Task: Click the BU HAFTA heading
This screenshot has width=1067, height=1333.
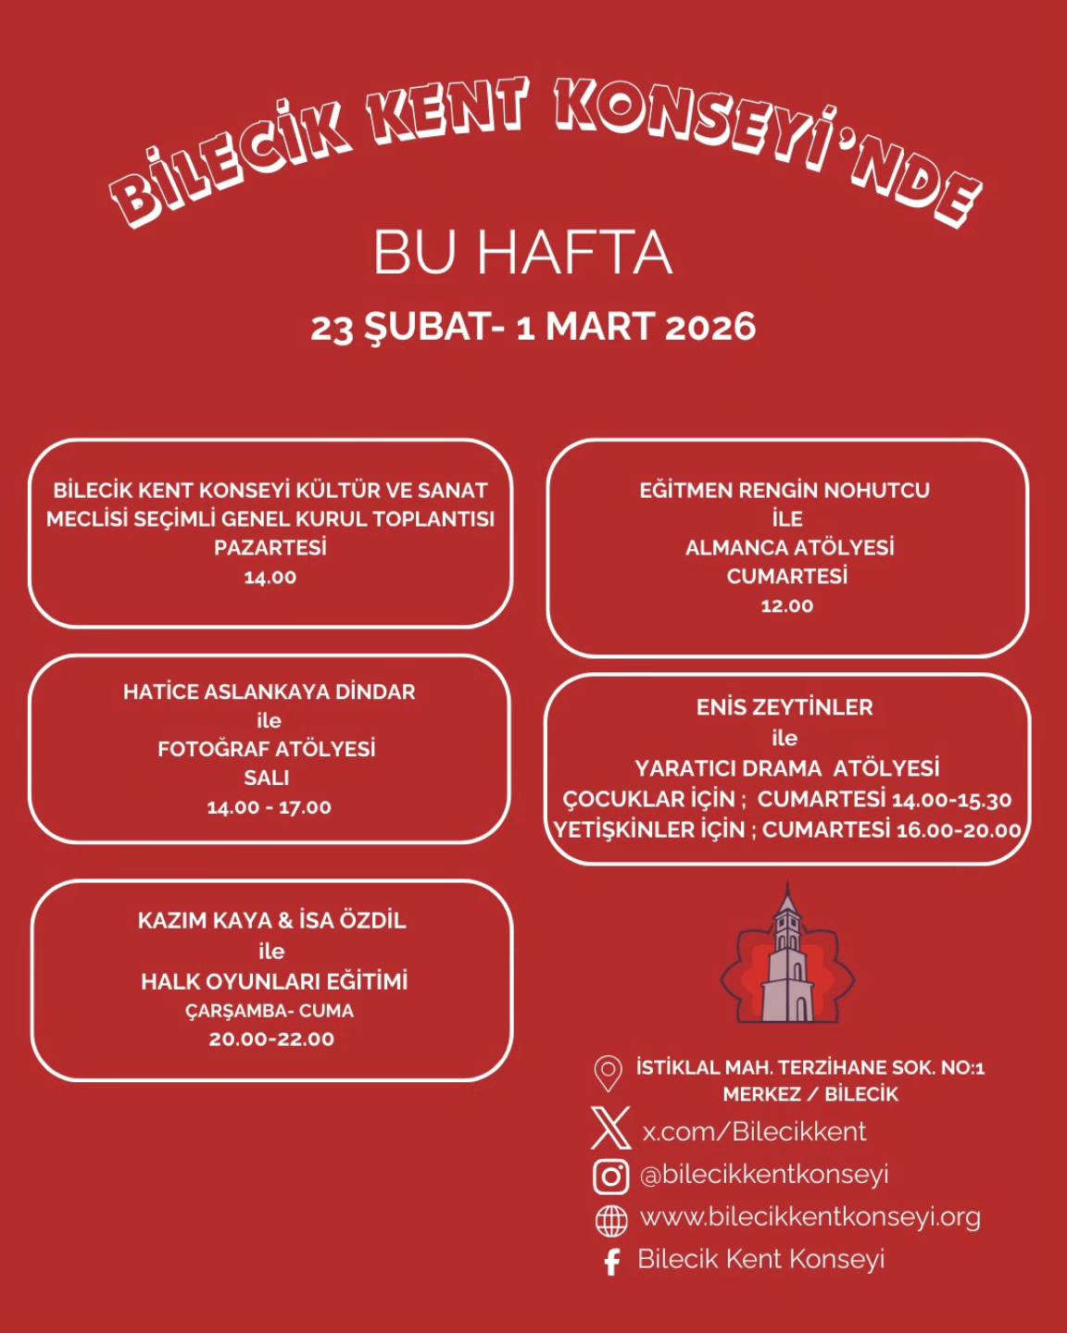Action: (522, 252)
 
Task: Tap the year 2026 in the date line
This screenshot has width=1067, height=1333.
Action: (710, 327)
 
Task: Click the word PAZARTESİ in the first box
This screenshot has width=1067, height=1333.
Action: (270, 547)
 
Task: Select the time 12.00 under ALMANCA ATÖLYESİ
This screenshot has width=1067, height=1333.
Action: (786, 605)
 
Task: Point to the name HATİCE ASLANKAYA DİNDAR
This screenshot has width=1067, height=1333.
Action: (269, 691)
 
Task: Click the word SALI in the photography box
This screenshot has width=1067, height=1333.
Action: (267, 778)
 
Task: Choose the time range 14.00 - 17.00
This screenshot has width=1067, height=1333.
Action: (269, 807)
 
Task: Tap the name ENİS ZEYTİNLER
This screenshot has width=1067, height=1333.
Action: (785, 707)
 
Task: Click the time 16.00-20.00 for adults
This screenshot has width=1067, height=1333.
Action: (958, 830)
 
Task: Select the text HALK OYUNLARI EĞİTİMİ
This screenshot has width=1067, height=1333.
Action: (274, 981)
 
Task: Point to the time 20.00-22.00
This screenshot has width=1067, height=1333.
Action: (271, 1039)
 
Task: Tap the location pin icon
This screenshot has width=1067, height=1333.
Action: (608, 1074)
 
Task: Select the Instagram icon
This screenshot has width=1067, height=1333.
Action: (610, 1176)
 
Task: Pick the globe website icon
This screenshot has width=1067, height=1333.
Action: (610, 1220)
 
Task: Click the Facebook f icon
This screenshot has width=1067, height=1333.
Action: (611, 1262)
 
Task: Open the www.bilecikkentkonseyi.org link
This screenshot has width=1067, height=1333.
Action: (810, 1216)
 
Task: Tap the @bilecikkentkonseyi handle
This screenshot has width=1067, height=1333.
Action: (764, 1174)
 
